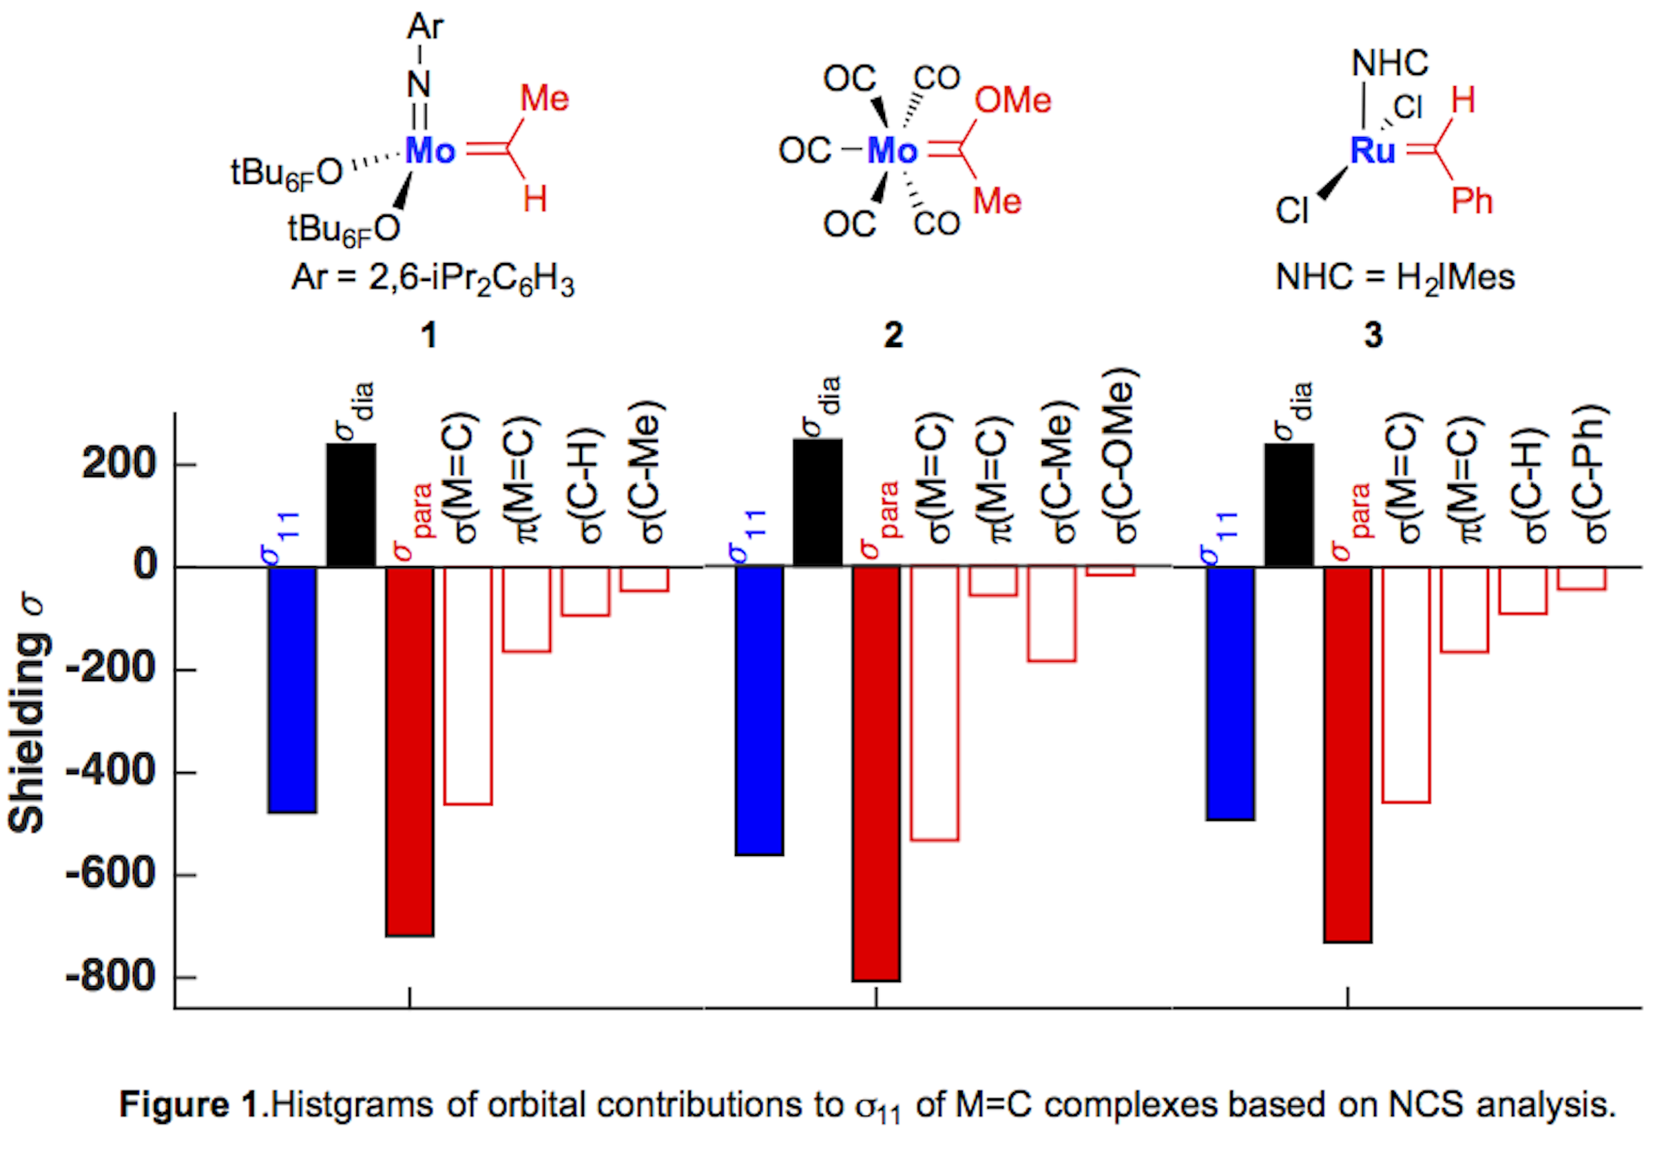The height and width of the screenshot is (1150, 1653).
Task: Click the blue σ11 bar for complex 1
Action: click(x=292, y=689)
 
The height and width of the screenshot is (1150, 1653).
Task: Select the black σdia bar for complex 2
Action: click(x=817, y=502)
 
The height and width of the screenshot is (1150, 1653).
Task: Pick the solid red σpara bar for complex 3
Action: click(x=1348, y=753)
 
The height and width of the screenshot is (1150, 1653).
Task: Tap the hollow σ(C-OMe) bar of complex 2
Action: click(x=1111, y=572)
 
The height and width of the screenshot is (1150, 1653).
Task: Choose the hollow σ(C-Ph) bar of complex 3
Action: click(x=1582, y=578)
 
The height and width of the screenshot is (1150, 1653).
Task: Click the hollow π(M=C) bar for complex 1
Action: click(x=527, y=609)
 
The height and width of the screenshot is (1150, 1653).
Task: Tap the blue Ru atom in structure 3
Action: click(x=1372, y=151)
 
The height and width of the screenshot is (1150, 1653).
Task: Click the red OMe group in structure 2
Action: click(x=1012, y=101)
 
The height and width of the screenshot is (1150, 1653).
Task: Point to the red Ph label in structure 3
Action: click(x=1472, y=201)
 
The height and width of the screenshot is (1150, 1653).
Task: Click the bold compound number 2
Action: click(x=893, y=335)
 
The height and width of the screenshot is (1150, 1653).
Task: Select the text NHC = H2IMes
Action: click(x=1395, y=278)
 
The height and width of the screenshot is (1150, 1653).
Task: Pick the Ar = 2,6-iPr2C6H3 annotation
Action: click(x=433, y=278)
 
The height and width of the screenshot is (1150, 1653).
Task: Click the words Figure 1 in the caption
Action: click(x=189, y=1105)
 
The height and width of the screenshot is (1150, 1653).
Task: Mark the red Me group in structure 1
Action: click(x=544, y=98)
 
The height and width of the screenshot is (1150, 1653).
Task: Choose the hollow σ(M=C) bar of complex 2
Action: click(x=935, y=703)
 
